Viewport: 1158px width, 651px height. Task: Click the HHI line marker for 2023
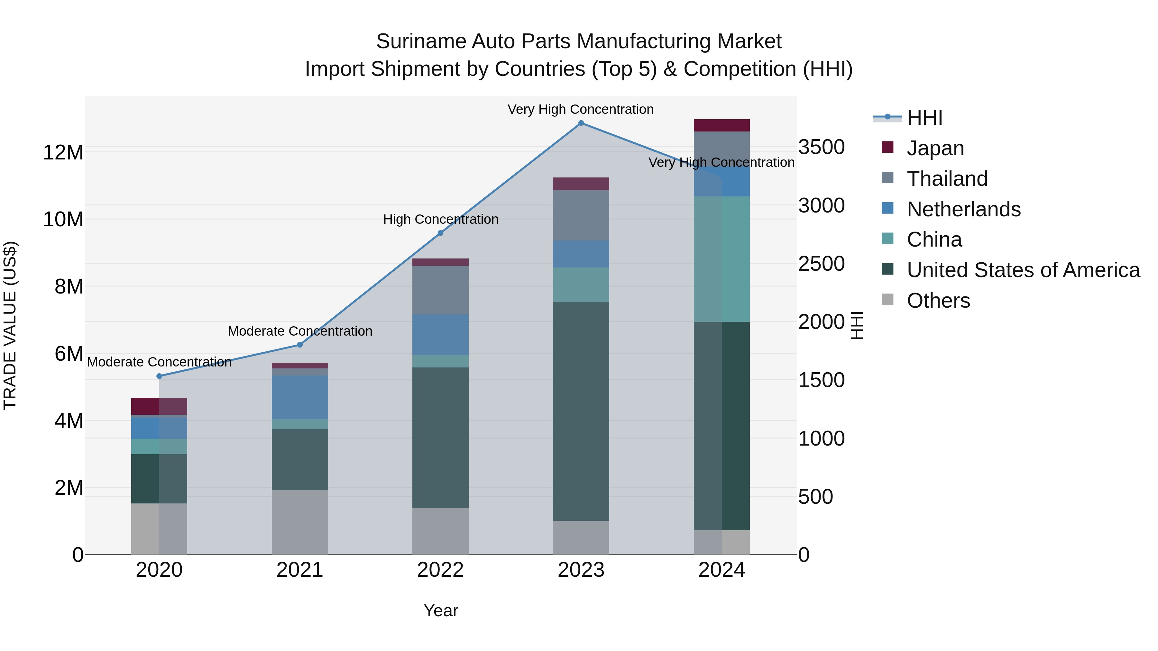581,123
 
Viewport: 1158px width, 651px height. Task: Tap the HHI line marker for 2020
159,376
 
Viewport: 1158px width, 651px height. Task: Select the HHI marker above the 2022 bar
441,233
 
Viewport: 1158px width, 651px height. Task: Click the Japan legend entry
935,148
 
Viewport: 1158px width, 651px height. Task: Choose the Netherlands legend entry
963,209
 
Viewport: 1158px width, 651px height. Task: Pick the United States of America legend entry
1023,270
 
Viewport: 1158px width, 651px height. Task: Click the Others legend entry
938,301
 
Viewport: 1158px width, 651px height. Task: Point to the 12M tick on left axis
63,153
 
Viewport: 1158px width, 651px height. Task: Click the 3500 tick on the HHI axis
821,147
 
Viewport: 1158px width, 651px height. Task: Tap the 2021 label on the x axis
300,570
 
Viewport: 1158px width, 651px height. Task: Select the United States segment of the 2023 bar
581,411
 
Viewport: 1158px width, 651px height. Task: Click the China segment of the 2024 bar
721,259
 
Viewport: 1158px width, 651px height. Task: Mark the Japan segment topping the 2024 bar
721,125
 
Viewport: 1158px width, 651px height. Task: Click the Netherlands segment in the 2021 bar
300,397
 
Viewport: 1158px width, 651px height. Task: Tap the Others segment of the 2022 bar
441,531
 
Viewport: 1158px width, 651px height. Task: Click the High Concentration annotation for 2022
441,219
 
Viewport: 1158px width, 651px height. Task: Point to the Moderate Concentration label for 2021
300,331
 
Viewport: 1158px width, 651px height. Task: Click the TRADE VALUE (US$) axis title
10,325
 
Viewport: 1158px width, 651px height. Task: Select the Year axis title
441,610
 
